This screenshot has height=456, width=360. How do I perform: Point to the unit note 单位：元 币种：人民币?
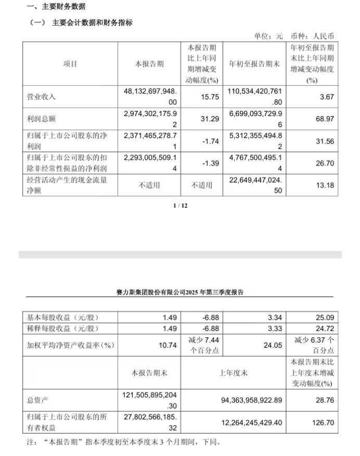[x=293, y=36]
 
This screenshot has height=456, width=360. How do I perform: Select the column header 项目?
[x=70, y=64]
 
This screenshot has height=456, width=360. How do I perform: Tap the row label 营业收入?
[x=42, y=97]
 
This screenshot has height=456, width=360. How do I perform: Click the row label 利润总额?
[x=42, y=119]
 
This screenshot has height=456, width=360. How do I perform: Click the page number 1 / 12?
[x=180, y=206]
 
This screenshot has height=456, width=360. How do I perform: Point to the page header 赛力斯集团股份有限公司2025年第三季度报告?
[x=179, y=293]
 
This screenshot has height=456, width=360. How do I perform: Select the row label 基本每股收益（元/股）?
[x=63, y=318]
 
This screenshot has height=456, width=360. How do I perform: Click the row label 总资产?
[x=37, y=400]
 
